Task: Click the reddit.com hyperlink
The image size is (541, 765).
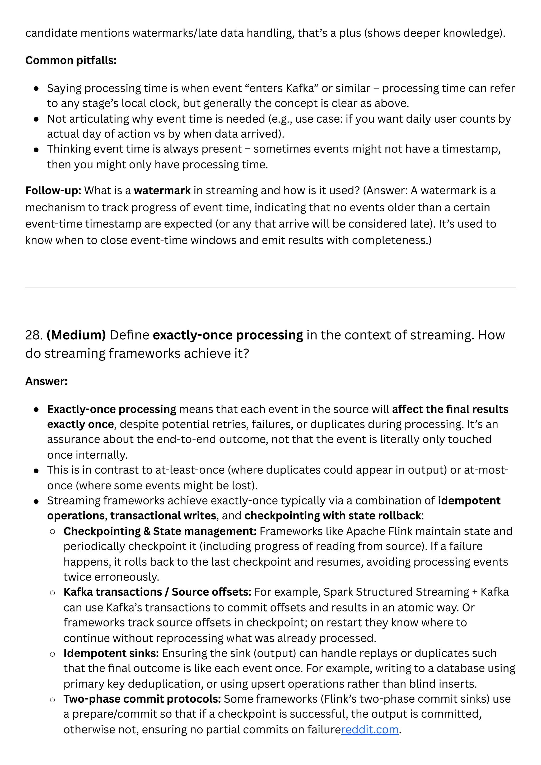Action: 370,729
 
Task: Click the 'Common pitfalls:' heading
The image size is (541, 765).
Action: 71,60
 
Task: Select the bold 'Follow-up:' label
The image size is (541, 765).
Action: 53,191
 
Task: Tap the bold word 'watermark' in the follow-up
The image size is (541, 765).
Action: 162,191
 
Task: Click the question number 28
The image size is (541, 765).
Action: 34,335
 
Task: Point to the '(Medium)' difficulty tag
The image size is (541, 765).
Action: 76,335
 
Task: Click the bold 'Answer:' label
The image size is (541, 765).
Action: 46,381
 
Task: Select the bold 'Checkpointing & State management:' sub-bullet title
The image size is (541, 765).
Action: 160,531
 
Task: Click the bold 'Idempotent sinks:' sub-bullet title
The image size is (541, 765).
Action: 111,653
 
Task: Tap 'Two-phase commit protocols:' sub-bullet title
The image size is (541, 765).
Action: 142,699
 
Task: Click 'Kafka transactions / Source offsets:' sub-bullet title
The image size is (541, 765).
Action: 157,592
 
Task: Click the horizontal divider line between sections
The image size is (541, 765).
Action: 270,288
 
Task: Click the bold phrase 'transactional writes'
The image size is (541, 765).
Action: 163,516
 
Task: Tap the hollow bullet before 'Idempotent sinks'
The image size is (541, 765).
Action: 52,654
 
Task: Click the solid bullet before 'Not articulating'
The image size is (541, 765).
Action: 36,119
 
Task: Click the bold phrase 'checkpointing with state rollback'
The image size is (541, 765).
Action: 333,516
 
